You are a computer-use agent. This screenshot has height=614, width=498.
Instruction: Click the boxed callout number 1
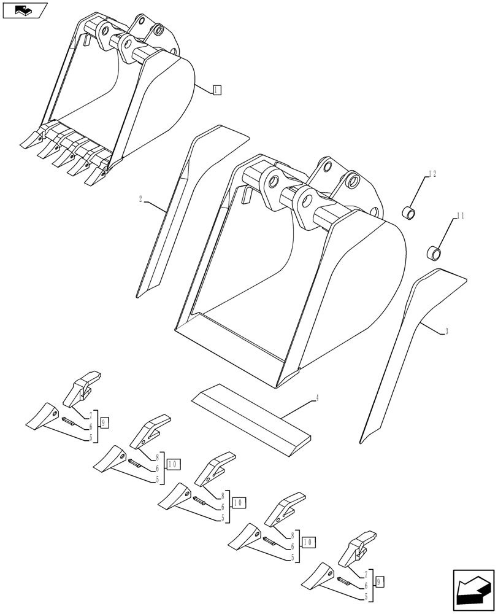(216, 90)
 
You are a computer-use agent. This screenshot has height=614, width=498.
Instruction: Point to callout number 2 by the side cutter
(140, 199)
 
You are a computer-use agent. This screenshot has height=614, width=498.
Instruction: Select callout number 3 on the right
(447, 332)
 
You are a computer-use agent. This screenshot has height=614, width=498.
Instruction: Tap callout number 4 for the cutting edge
(317, 398)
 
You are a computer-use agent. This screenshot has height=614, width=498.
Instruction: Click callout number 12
(433, 174)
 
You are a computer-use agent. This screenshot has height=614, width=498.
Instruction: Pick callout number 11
(461, 216)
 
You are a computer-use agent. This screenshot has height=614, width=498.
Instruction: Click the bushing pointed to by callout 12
(408, 214)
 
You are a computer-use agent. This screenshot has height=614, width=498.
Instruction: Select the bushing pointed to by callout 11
(434, 252)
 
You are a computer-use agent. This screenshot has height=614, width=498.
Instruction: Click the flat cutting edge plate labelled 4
(251, 420)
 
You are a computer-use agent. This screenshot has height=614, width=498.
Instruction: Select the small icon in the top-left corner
(25, 10)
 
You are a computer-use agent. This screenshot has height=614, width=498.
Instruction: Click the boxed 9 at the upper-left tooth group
(104, 422)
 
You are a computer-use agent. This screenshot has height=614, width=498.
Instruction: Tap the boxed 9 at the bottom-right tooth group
(380, 580)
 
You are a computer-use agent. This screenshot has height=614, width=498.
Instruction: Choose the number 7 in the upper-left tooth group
(90, 416)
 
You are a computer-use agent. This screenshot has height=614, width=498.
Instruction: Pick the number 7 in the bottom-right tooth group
(366, 575)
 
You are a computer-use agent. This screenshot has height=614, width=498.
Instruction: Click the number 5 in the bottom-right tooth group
(366, 596)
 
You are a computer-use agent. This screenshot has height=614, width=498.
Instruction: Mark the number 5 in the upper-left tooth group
(90, 438)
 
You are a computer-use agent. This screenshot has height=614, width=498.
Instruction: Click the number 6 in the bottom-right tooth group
(366, 585)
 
